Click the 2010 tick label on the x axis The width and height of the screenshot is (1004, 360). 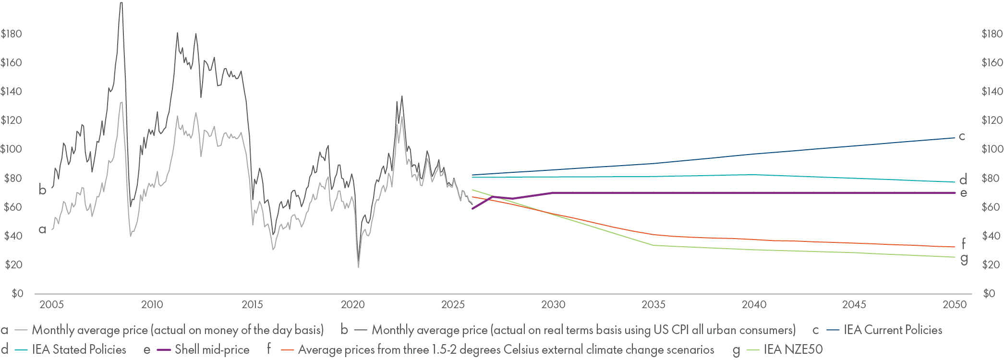[152, 304]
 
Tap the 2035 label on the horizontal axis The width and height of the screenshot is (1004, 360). [653, 304]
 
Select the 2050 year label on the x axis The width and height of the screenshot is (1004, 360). [955, 304]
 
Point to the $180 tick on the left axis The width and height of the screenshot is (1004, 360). [12, 34]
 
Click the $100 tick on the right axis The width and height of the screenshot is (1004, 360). [992, 149]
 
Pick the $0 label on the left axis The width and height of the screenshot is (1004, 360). [17, 293]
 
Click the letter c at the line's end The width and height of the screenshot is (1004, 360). [962, 136]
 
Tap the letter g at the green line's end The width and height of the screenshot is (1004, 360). [964, 259]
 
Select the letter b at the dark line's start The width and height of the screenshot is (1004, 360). [42, 190]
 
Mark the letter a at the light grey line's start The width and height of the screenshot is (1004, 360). [42, 229]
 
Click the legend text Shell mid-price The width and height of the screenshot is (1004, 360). [212, 349]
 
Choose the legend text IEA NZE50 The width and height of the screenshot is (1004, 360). [793, 349]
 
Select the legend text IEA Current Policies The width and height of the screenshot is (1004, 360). [893, 330]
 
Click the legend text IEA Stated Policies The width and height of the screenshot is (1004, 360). [79, 349]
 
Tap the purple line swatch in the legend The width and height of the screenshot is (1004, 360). [164, 350]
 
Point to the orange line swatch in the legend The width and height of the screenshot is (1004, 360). [287, 350]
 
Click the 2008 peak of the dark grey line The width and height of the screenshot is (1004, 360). [121, 4]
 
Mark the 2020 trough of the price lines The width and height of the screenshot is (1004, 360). [358, 265]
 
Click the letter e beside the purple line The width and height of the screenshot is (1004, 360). [963, 193]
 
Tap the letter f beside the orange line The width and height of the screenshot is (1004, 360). [963, 243]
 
